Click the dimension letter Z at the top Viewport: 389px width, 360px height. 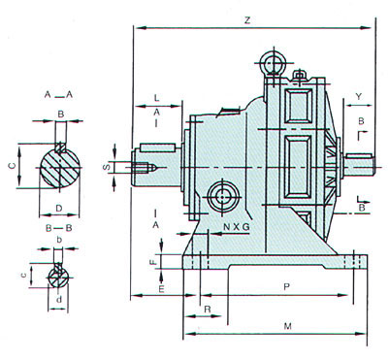(x=247, y=20)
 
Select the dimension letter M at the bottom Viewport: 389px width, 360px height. (x=287, y=326)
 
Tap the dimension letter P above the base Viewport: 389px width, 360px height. (x=286, y=286)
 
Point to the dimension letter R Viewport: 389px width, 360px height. (x=208, y=309)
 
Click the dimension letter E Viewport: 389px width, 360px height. (x=161, y=288)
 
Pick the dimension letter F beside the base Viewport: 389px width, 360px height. (x=154, y=261)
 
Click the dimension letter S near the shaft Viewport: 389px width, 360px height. (x=108, y=167)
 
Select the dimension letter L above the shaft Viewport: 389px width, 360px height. (x=156, y=97)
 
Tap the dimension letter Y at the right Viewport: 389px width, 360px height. (x=358, y=96)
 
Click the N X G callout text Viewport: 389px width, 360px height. (x=237, y=227)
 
